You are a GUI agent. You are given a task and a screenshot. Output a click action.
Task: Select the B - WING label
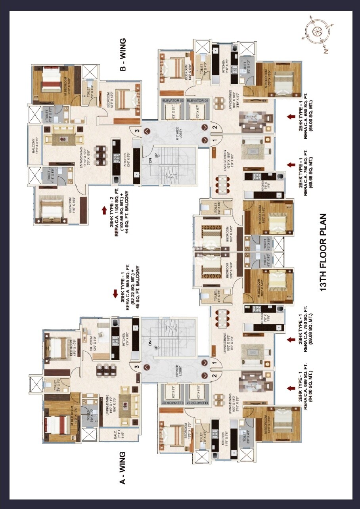pos(123,55)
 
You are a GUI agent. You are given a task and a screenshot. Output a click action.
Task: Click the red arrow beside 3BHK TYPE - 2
pos(104,210)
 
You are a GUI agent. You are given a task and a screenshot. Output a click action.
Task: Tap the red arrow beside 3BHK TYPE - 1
pos(115,294)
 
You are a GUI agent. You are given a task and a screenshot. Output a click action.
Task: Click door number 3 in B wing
pos(136,131)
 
